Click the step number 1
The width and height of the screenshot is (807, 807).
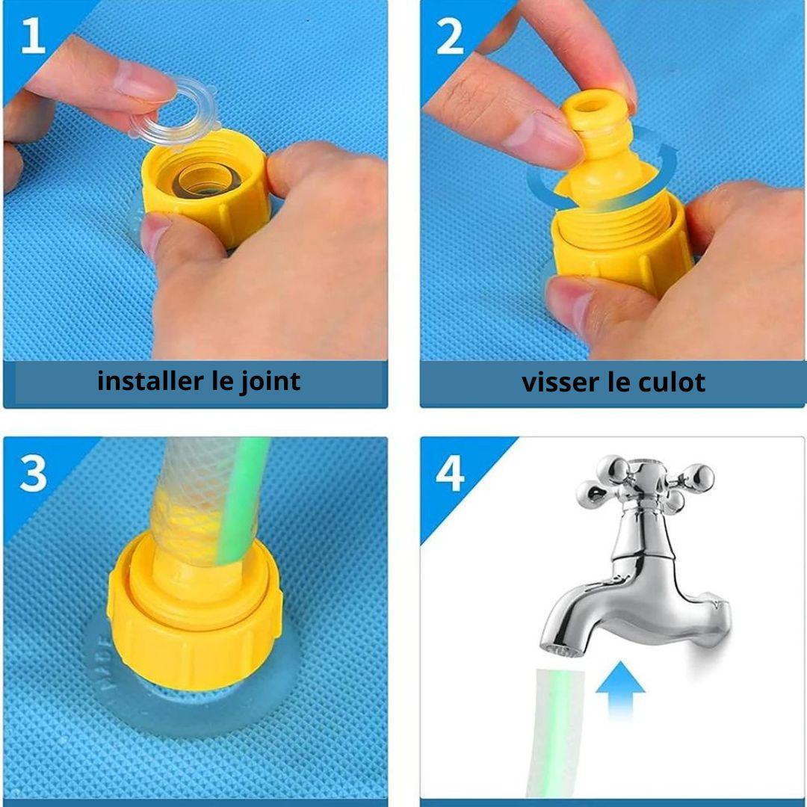[33, 36]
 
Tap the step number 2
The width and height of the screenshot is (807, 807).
[450, 37]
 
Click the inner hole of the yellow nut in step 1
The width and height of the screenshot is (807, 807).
[207, 180]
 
